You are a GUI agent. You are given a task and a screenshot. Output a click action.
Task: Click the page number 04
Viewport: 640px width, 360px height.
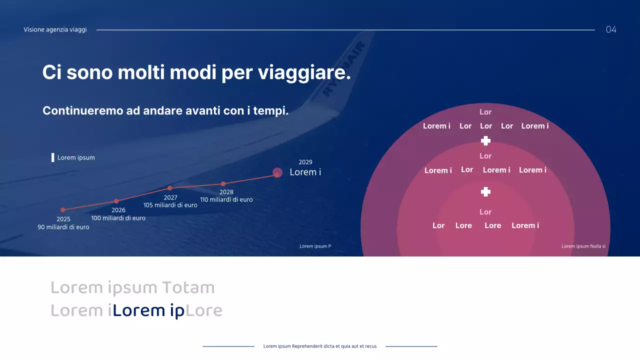tap(611, 29)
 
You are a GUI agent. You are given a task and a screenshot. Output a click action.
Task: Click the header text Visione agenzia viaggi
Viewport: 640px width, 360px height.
tap(55, 29)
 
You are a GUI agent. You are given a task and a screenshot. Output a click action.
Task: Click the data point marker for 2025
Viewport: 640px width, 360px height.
tap(63, 210)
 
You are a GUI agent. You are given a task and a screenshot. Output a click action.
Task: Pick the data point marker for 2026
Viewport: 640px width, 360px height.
tap(116, 201)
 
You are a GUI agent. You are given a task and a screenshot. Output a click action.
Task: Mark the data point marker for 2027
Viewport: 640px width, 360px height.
tap(170, 188)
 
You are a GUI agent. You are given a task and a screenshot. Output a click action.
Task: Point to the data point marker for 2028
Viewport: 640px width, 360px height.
tap(223, 184)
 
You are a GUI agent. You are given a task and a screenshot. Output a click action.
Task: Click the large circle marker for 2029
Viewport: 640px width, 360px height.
tap(277, 172)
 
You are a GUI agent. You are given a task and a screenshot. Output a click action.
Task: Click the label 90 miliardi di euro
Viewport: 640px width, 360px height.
tap(63, 227)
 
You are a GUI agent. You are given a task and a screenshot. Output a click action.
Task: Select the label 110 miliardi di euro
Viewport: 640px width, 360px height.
tap(226, 199)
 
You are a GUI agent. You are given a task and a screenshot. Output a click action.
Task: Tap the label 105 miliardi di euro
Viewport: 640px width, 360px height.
tap(170, 205)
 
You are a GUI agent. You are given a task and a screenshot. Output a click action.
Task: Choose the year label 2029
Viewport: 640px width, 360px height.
tap(305, 162)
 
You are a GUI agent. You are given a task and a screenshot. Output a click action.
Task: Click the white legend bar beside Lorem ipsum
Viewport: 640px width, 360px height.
tap(53, 157)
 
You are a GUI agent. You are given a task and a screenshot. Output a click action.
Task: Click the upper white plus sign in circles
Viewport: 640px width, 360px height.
tap(485, 141)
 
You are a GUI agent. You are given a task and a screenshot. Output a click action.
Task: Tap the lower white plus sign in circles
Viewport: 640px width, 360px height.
tap(485, 192)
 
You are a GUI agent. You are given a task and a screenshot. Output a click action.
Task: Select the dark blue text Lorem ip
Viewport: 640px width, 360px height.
tap(148, 310)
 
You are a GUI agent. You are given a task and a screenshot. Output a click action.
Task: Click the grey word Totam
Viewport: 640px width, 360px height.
tap(188, 287)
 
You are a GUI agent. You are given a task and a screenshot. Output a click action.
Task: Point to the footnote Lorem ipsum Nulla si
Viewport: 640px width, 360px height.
tap(583, 246)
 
